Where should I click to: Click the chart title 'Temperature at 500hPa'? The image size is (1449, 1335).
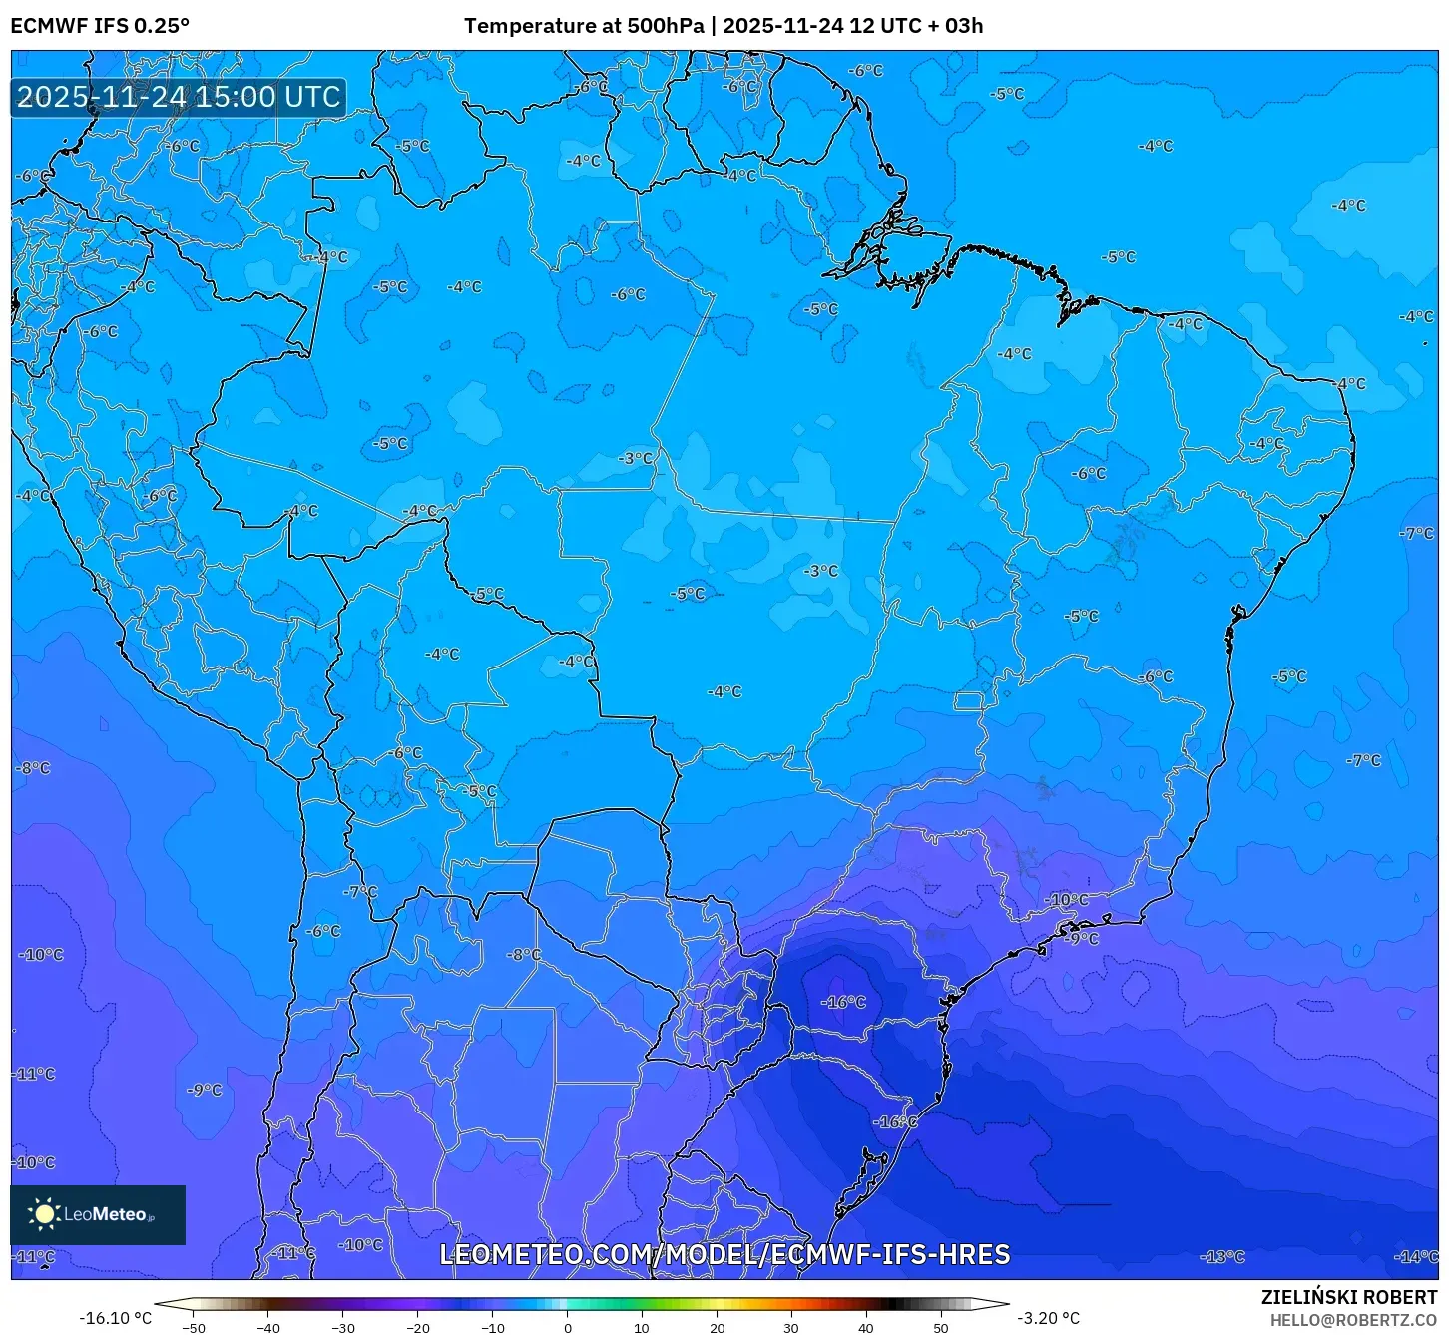click(584, 26)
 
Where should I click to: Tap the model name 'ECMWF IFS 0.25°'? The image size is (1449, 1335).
click(100, 26)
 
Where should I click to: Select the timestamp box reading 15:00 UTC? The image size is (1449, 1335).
click(180, 97)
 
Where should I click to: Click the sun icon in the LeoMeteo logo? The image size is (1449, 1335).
click(44, 1214)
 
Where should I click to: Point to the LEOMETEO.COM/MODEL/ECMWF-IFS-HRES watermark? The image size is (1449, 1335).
click(724, 1254)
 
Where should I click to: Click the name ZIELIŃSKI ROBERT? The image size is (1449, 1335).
click(1349, 1298)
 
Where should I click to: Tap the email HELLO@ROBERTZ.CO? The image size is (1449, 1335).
click(1353, 1320)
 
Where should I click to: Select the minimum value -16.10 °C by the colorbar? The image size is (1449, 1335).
click(116, 1318)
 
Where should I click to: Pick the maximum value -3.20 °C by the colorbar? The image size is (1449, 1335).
click(1048, 1318)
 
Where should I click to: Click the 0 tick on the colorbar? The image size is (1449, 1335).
click(568, 1328)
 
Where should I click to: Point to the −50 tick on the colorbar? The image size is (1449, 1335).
click(194, 1328)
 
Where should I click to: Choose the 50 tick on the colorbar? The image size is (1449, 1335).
click(941, 1328)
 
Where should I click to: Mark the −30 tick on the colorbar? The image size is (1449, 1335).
click(343, 1328)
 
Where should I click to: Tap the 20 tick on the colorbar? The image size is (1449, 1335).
click(718, 1328)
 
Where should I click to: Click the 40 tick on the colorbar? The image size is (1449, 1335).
click(866, 1328)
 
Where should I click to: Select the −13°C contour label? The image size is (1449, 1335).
click(1223, 1257)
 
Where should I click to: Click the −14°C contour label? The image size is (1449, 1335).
click(1418, 1257)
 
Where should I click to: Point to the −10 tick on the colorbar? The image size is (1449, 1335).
click(493, 1328)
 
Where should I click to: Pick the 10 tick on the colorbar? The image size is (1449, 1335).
click(642, 1328)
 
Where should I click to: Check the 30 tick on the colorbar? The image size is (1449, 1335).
click(791, 1328)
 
